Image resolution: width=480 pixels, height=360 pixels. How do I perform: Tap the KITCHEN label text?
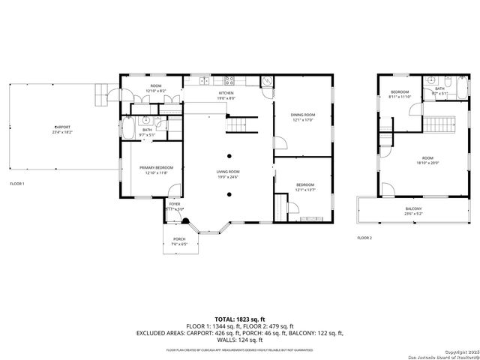pyautogui.click(x=226, y=94)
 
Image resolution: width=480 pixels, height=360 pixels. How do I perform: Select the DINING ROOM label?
pyautogui.click(x=303, y=115)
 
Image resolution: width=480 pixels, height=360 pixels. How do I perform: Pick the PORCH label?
pyautogui.click(x=179, y=240)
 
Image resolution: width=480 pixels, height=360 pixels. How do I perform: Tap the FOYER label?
pyautogui.click(x=175, y=204)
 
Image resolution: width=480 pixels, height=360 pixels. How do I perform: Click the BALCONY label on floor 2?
pyautogui.click(x=414, y=208)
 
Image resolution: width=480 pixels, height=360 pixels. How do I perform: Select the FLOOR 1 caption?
pyautogui.click(x=17, y=184)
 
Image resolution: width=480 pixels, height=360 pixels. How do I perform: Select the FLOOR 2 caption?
pyautogui.click(x=364, y=238)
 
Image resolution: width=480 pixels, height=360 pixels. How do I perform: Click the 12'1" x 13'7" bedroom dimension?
pyautogui.click(x=304, y=190)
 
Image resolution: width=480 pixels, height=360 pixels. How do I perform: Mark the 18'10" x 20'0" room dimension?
pyautogui.click(x=427, y=163)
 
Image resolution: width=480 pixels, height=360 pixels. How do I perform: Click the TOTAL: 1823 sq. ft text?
pyautogui.click(x=239, y=319)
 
